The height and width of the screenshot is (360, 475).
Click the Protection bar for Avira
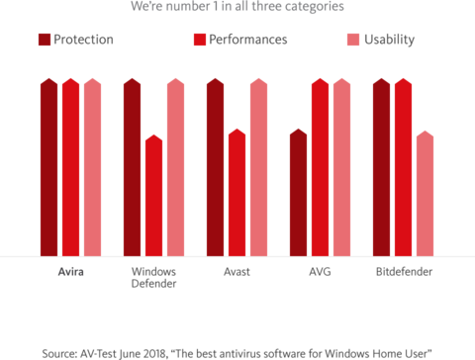(x=48, y=167)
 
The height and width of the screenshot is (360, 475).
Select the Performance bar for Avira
(x=70, y=167)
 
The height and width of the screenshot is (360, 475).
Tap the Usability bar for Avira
(x=92, y=167)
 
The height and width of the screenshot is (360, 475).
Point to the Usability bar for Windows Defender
(x=175, y=167)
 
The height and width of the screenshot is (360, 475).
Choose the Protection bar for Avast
(x=215, y=167)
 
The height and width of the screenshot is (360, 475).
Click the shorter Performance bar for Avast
(x=237, y=193)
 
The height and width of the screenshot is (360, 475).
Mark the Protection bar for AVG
(x=298, y=193)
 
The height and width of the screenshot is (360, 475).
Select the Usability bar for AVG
(x=341, y=167)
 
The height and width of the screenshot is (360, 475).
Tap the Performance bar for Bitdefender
(x=403, y=167)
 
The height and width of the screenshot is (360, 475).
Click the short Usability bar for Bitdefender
(x=425, y=194)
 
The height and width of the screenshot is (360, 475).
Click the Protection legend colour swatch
(x=45, y=40)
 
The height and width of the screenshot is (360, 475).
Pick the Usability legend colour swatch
(x=354, y=40)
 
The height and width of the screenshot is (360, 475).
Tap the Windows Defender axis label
(x=153, y=277)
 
